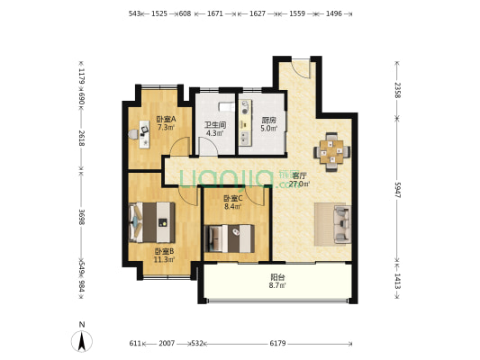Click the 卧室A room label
(166, 119)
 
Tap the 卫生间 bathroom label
(215, 125)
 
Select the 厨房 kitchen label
(269, 120)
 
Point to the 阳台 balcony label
(277, 277)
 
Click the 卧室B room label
(165, 251)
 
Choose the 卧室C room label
(233, 198)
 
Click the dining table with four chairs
(332, 151)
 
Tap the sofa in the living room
(342, 224)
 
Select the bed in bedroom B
(152, 222)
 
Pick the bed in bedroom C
(230, 238)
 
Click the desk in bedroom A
(144, 134)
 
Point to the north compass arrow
(82, 341)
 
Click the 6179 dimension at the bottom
(277, 344)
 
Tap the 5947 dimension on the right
(397, 190)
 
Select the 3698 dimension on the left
(81, 217)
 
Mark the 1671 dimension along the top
(215, 13)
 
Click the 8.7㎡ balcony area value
(277, 285)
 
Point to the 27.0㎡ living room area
(299, 184)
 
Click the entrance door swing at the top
(301, 69)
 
